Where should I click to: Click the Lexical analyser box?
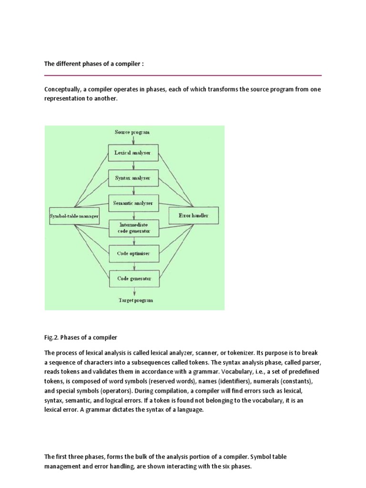(x=133, y=153)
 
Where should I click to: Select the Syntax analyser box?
(x=133, y=178)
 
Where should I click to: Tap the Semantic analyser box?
(x=133, y=203)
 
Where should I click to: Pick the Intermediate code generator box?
(x=133, y=228)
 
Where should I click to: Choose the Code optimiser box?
(x=133, y=254)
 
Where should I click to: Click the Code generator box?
(x=133, y=278)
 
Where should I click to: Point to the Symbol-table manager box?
(x=74, y=216)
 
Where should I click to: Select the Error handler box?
(x=193, y=216)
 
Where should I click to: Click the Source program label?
(x=132, y=132)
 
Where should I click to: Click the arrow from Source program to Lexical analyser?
(x=133, y=140)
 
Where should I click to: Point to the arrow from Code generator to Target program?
(x=133, y=292)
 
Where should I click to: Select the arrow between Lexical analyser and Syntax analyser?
(x=133, y=165)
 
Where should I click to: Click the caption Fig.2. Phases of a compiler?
(x=81, y=337)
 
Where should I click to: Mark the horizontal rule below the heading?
(x=183, y=75)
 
